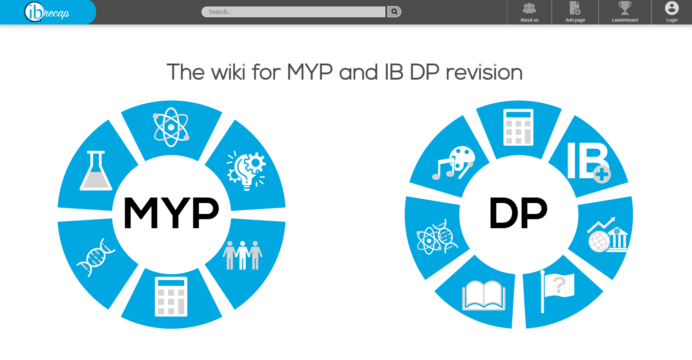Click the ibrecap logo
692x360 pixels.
pos(47,12)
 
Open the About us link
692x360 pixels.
pos(529,12)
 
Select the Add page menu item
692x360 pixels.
pos(575,12)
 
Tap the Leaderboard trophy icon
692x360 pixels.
pos(625,8)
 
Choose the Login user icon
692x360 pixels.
pos(672,8)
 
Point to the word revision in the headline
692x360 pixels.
pos(484,72)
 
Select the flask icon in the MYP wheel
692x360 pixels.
pos(96,171)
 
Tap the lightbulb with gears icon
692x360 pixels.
pos(246,171)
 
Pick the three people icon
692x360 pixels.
pos(242,255)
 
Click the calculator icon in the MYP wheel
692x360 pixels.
pos(171,296)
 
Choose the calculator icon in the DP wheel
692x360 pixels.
pos(518,127)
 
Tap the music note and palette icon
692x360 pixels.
pos(453,163)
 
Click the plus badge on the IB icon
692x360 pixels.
pos(601,174)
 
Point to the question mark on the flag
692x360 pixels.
pos(559,285)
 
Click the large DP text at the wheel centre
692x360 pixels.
pos(518,213)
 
